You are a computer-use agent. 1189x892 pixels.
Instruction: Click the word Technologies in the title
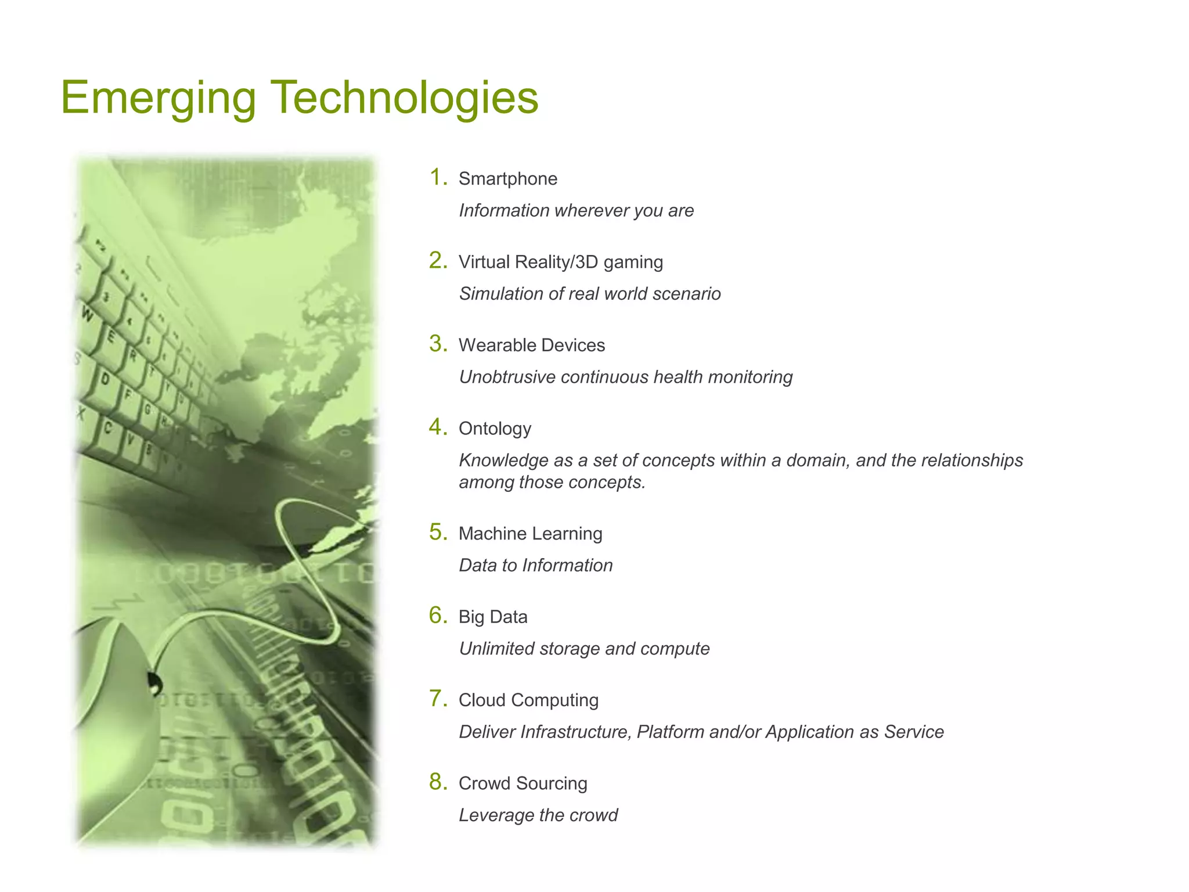[x=405, y=98]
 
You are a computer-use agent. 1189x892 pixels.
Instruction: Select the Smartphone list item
[x=507, y=179]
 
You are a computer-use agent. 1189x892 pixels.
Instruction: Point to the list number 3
[x=437, y=344]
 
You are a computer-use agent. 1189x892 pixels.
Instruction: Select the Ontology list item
[x=495, y=429]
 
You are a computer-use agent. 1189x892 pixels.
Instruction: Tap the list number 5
[x=437, y=532]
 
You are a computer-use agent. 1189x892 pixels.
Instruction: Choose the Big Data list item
[x=493, y=617]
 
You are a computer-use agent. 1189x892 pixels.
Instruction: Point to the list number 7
[x=437, y=699]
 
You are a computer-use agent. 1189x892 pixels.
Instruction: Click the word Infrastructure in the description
[x=575, y=732]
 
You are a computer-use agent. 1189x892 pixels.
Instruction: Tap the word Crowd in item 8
[x=484, y=783]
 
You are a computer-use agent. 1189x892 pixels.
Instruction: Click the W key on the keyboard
[x=88, y=315]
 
